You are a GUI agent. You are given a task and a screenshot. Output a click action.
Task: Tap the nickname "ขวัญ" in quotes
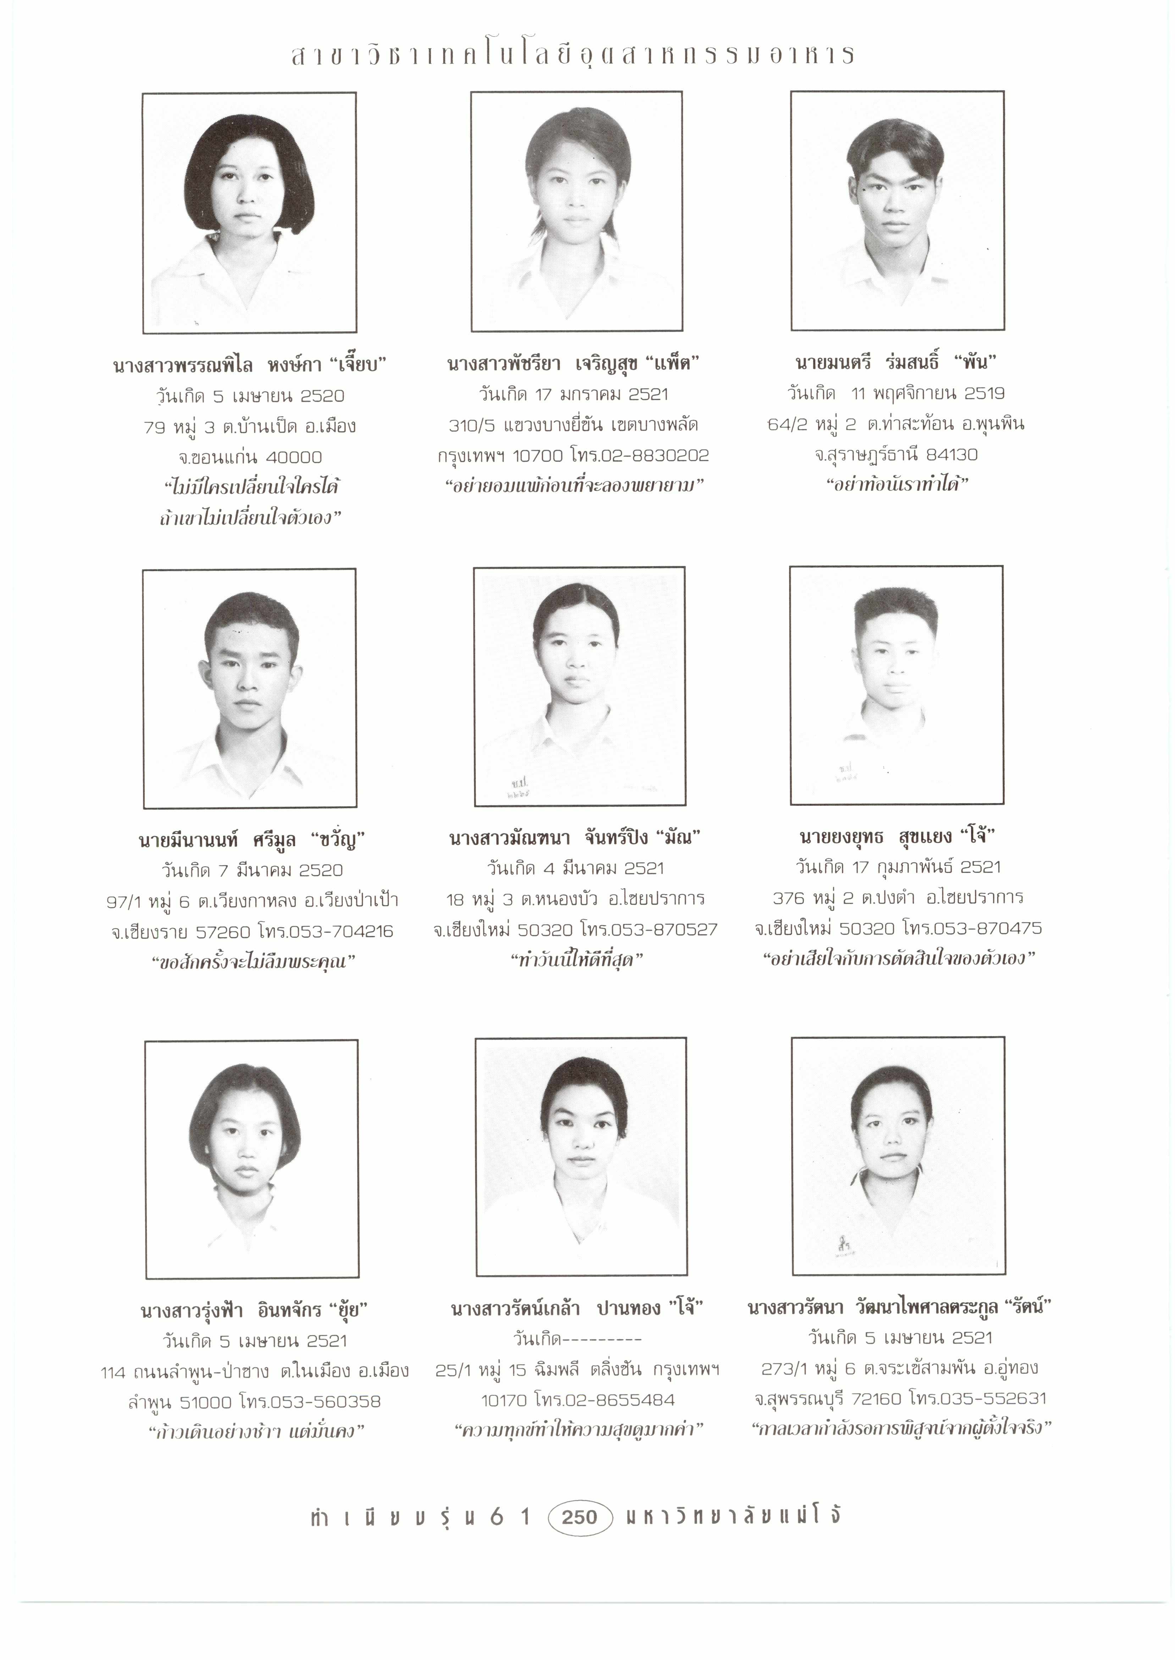pyautogui.click(x=338, y=840)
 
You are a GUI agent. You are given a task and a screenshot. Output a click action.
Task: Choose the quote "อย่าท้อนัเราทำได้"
pyautogui.click(x=897, y=484)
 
